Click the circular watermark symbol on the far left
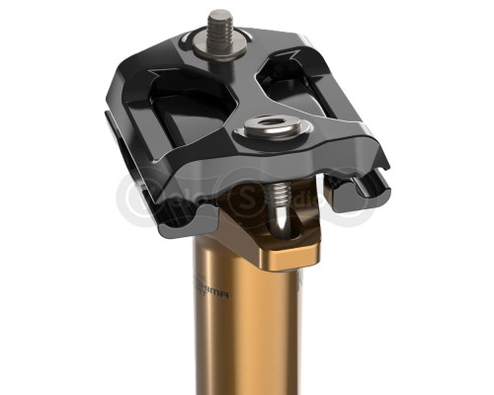138,197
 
